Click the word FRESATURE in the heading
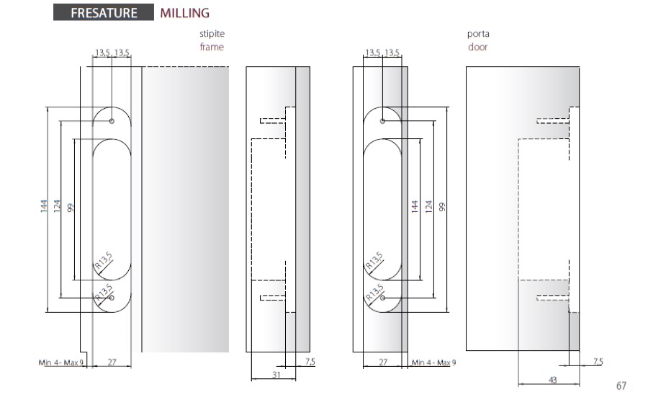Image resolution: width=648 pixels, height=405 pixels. click(x=104, y=13)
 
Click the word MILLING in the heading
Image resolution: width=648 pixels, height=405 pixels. click(x=185, y=13)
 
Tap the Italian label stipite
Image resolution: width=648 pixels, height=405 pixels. click(x=212, y=33)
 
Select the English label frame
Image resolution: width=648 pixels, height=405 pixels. click(x=212, y=47)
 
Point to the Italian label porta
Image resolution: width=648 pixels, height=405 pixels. click(x=478, y=34)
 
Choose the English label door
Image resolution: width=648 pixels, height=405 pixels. click(x=478, y=47)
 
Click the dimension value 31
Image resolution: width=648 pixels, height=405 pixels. click(x=276, y=375)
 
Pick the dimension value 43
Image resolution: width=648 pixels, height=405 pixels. click(x=552, y=379)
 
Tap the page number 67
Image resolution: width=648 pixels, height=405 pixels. click(x=621, y=386)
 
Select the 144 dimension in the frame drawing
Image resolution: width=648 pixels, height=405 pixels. click(x=44, y=206)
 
